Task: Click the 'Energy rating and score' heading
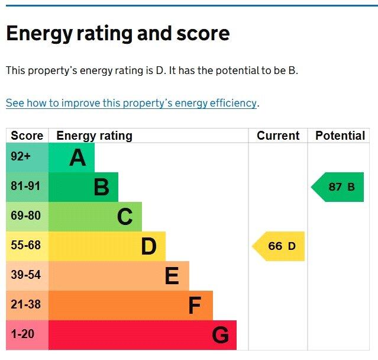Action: tap(118, 33)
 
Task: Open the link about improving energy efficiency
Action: tap(131, 103)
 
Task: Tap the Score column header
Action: tap(27, 136)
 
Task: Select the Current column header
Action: tap(278, 136)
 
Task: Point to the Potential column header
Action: tap(340, 136)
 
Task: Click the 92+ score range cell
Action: tap(21, 157)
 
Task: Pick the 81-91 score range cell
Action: tap(26, 187)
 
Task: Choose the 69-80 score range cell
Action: tap(26, 216)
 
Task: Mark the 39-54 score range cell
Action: tap(26, 275)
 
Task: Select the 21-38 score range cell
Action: tap(26, 305)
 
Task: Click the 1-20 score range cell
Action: tap(22, 335)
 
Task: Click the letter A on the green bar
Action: tap(77, 158)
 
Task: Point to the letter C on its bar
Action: tap(125, 217)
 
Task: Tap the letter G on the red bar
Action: tap(220, 336)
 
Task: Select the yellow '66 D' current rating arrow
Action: tap(280, 246)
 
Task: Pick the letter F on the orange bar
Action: tap(195, 306)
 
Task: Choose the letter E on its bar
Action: tap(172, 277)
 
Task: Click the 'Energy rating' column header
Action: tap(94, 136)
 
